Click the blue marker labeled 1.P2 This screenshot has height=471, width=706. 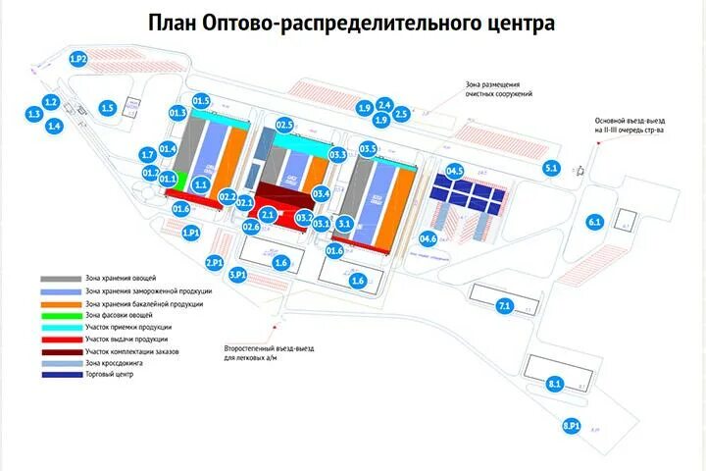(79, 60)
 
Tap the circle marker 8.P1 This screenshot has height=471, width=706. (573, 426)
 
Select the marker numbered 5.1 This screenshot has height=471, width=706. (551, 169)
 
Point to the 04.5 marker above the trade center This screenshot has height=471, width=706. (455, 172)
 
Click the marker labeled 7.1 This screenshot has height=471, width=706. (505, 307)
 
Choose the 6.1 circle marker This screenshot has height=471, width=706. (594, 223)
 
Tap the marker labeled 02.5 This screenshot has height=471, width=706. (285, 125)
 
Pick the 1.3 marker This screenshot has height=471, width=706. (34, 115)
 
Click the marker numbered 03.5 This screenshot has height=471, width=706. (369, 149)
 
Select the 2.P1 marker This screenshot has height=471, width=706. (215, 262)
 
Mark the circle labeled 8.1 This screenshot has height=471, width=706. (555, 384)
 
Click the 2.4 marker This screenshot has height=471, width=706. (385, 104)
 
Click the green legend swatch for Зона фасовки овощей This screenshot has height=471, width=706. (61, 315)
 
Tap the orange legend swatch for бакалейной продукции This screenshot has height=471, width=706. (61, 303)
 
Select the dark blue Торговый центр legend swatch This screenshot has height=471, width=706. (61, 375)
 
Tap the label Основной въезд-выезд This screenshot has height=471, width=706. (624, 122)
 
